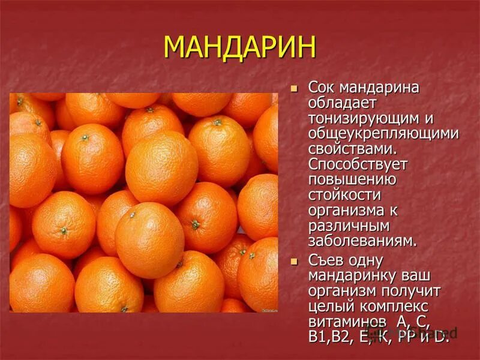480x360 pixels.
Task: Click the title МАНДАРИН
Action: point(239,47)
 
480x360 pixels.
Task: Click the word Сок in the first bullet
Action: point(322,88)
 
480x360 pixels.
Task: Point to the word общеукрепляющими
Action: point(383,134)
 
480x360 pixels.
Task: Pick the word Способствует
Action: point(358,165)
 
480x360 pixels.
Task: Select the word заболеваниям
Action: point(362,241)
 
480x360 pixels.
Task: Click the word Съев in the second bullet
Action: point(325,261)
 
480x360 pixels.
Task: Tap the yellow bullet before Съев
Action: point(294,262)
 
